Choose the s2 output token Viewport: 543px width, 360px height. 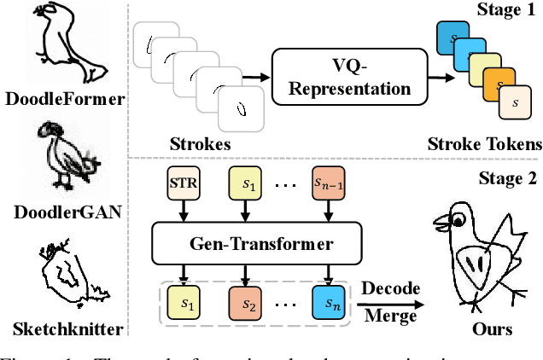(246, 304)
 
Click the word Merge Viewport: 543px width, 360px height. (390, 316)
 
